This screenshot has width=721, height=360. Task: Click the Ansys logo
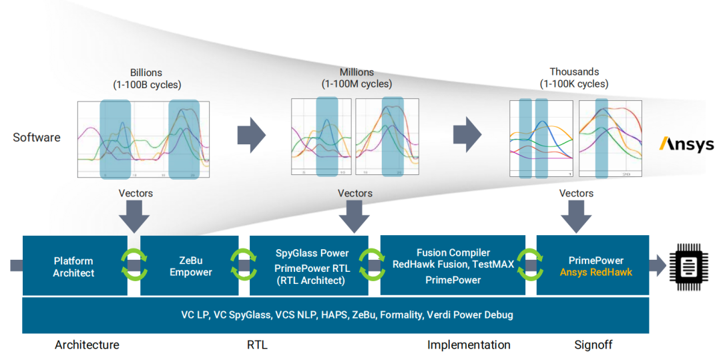point(686,144)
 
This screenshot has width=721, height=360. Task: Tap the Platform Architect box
point(73,266)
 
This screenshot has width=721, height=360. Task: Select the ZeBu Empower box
point(190,266)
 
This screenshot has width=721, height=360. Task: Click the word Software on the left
point(37,138)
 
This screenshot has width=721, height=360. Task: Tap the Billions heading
point(146,72)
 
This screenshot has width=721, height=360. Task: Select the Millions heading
point(356,71)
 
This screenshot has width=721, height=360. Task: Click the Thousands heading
point(574,71)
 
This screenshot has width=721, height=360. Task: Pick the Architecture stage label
point(87,345)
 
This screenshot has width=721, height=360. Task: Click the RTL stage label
point(257,345)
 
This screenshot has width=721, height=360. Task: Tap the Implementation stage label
point(469,345)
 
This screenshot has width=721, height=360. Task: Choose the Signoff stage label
point(593,345)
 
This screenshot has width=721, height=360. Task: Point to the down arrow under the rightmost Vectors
point(576,216)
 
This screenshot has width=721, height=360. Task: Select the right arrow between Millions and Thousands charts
point(467,136)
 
